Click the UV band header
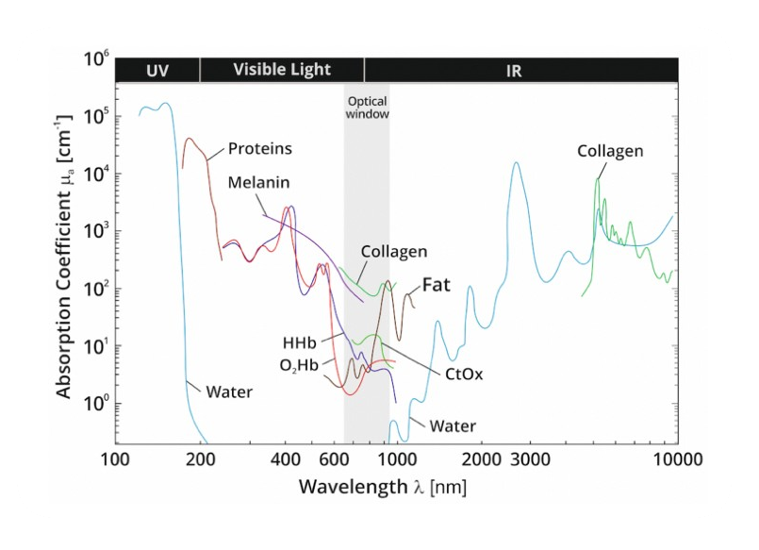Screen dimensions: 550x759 157,70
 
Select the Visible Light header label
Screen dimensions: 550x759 282,70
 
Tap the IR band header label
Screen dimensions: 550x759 514,70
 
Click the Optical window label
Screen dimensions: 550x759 367,107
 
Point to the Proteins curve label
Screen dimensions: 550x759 260,149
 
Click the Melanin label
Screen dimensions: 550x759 258,182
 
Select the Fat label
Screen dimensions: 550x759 436,283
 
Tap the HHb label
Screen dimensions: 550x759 299,341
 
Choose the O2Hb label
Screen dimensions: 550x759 298,365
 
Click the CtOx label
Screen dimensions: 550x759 464,374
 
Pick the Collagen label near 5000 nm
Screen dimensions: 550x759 610,151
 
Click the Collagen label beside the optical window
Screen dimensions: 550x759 394,252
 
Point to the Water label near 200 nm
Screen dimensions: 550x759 229,391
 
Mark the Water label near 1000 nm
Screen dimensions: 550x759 453,426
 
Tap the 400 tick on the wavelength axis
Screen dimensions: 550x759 285,460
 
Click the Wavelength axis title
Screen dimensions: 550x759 382,488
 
